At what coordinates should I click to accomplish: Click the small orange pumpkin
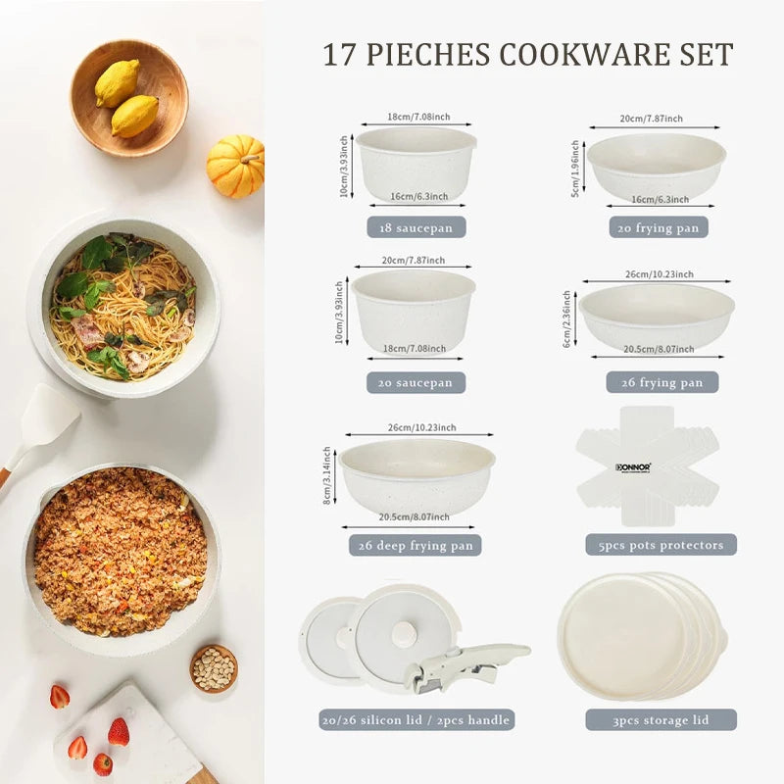click(x=235, y=166)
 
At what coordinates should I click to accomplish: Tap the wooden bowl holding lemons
click(x=129, y=98)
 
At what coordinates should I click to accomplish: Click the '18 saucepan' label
click(x=416, y=227)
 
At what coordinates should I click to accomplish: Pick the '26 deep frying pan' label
click(x=417, y=545)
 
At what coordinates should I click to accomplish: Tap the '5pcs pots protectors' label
click(x=661, y=545)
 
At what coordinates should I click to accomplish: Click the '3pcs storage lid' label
click(x=661, y=720)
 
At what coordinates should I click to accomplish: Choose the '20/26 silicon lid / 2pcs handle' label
click(x=416, y=720)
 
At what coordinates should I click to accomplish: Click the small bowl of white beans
click(x=214, y=668)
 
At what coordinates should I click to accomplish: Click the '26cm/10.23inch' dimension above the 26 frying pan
click(x=657, y=274)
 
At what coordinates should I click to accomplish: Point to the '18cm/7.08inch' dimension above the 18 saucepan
click(x=416, y=116)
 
